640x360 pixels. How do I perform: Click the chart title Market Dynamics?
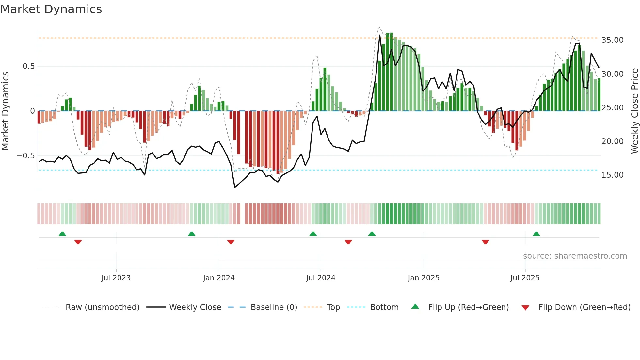51,9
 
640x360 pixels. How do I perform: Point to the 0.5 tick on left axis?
28,66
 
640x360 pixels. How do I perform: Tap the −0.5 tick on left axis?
25,156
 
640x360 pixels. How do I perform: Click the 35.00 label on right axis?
612,40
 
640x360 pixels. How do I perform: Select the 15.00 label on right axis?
612,175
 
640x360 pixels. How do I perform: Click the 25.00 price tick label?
612,108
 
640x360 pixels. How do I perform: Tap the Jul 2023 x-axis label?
116,278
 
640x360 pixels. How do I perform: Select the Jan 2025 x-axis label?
424,278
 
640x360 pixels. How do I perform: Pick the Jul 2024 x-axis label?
321,278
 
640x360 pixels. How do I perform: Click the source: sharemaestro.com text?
575,256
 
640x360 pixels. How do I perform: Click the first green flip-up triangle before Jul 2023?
62,234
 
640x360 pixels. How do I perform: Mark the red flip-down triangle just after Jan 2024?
231,242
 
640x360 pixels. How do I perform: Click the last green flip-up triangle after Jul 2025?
536,234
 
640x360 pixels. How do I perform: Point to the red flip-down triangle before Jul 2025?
485,242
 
